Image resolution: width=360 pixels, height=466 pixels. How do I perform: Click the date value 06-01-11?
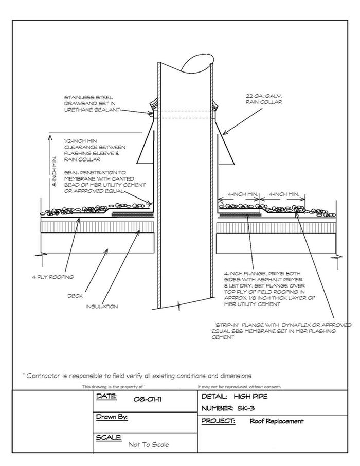(148, 399)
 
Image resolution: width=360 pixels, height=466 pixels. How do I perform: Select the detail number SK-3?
(246, 408)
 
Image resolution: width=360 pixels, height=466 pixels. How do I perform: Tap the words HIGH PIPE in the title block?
(250, 396)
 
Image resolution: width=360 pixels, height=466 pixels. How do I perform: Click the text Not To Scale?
(148, 444)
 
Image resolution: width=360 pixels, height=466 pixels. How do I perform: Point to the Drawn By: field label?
(112, 417)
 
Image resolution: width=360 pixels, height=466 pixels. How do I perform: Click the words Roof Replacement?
(277, 421)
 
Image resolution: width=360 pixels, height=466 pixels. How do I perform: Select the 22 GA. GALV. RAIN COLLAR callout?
(264, 99)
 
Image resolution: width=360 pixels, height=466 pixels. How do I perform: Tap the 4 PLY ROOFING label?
(53, 277)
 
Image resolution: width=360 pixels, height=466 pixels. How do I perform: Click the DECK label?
(75, 296)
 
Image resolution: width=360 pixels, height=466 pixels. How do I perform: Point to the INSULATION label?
(102, 307)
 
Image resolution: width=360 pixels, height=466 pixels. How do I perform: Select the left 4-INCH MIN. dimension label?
(243, 194)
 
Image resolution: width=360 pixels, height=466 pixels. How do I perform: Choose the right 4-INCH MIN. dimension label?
(284, 194)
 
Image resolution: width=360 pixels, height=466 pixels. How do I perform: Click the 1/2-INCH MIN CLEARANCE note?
(95, 150)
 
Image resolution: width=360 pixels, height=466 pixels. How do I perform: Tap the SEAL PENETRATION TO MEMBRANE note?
(105, 182)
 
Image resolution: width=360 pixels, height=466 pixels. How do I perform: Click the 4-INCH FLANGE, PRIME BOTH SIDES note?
(269, 289)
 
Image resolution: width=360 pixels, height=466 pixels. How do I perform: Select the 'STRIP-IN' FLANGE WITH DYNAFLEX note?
(281, 331)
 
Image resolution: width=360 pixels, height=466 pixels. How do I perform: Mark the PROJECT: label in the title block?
(218, 421)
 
